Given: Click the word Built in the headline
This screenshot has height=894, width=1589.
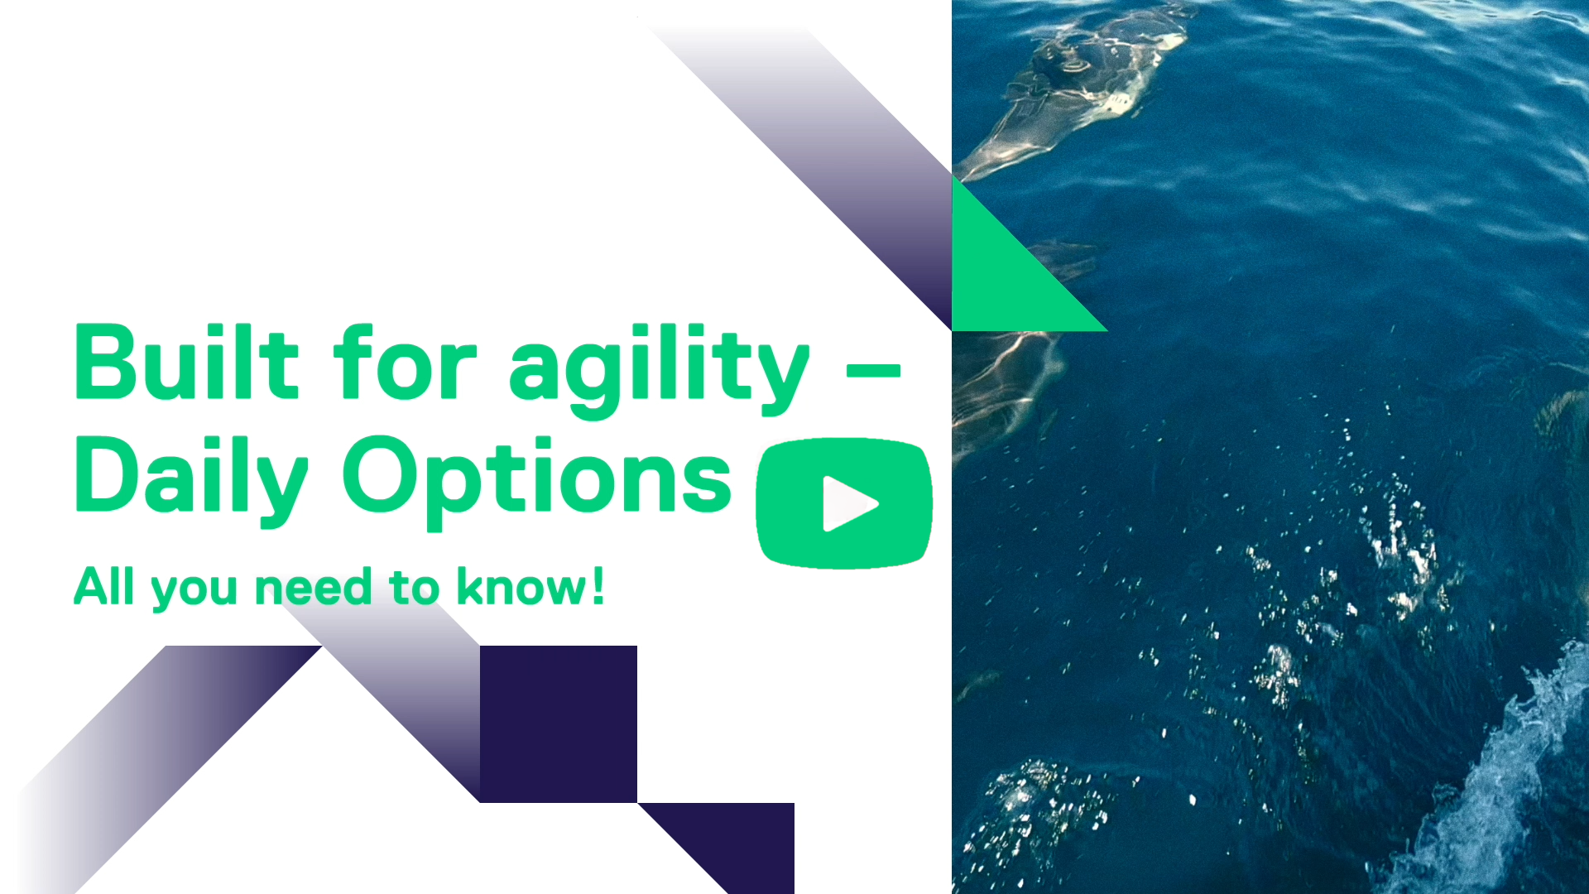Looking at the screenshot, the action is [x=186, y=362].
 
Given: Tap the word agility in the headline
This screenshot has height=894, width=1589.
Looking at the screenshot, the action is [x=659, y=369].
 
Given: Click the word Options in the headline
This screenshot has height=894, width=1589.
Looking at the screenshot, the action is [x=538, y=481].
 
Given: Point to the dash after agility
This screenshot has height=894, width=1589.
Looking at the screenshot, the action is [x=873, y=370].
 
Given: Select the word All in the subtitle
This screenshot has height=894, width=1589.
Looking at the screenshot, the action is [x=104, y=586].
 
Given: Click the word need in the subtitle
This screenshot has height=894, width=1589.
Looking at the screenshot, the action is [x=314, y=587].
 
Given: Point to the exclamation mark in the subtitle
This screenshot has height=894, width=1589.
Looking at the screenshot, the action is [x=598, y=586].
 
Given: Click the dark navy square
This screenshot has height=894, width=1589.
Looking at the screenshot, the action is [x=559, y=723].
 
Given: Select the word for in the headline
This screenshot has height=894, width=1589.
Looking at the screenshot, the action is [x=406, y=362].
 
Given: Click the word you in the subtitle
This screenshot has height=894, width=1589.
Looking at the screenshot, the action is [x=194, y=591].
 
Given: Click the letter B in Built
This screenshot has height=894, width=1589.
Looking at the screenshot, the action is [x=105, y=362].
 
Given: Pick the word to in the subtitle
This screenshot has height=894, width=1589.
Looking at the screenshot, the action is [x=415, y=587].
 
